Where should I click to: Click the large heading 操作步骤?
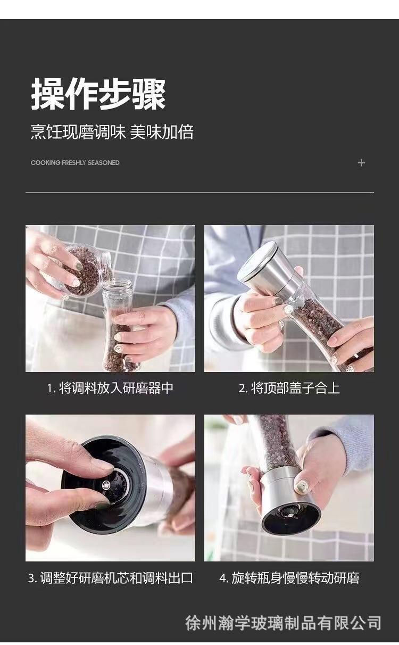tap(98, 94)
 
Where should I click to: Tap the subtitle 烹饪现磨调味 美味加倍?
tap(112, 132)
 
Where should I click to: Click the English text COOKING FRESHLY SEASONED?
tap(75, 163)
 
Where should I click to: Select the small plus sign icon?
tap(361, 163)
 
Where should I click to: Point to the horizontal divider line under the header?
tap(199, 192)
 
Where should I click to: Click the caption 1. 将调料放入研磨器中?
tap(110, 388)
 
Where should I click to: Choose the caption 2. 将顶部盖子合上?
tap(289, 388)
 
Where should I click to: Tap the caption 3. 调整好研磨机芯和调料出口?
tap(110, 578)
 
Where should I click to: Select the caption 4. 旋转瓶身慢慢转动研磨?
tap(289, 578)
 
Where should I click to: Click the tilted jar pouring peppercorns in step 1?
tap(86, 270)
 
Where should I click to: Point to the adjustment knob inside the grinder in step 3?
tap(106, 485)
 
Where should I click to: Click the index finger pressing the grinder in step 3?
tap(72, 449)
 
